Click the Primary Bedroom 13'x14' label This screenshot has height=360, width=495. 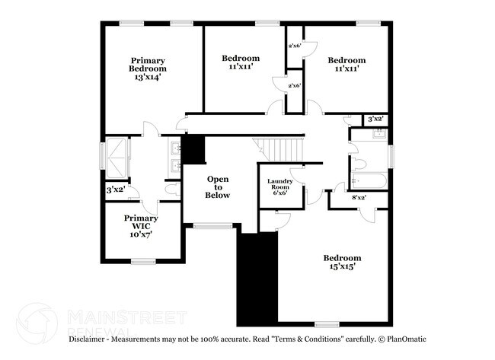[148, 68]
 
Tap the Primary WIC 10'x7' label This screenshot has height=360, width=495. [141, 226]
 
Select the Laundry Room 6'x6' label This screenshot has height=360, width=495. [279, 186]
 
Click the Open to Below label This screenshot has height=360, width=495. [217, 187]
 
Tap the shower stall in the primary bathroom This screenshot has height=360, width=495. [117, 158]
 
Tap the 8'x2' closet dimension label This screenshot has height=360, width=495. [359, 198]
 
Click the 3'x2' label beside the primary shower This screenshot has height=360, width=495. [115, 190]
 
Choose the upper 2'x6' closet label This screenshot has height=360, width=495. [294, 46]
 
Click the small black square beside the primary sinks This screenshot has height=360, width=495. [193, 149]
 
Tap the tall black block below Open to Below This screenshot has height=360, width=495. [257, 279]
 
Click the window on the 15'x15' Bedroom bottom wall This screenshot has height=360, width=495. [327, 325]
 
